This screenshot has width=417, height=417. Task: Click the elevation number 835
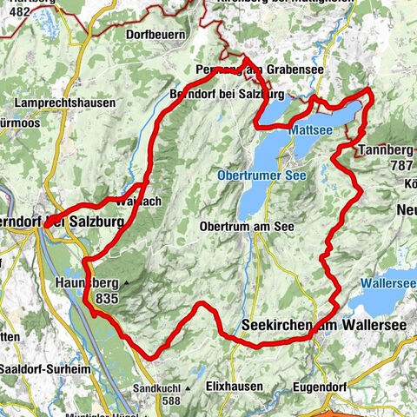tap(108, 297)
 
